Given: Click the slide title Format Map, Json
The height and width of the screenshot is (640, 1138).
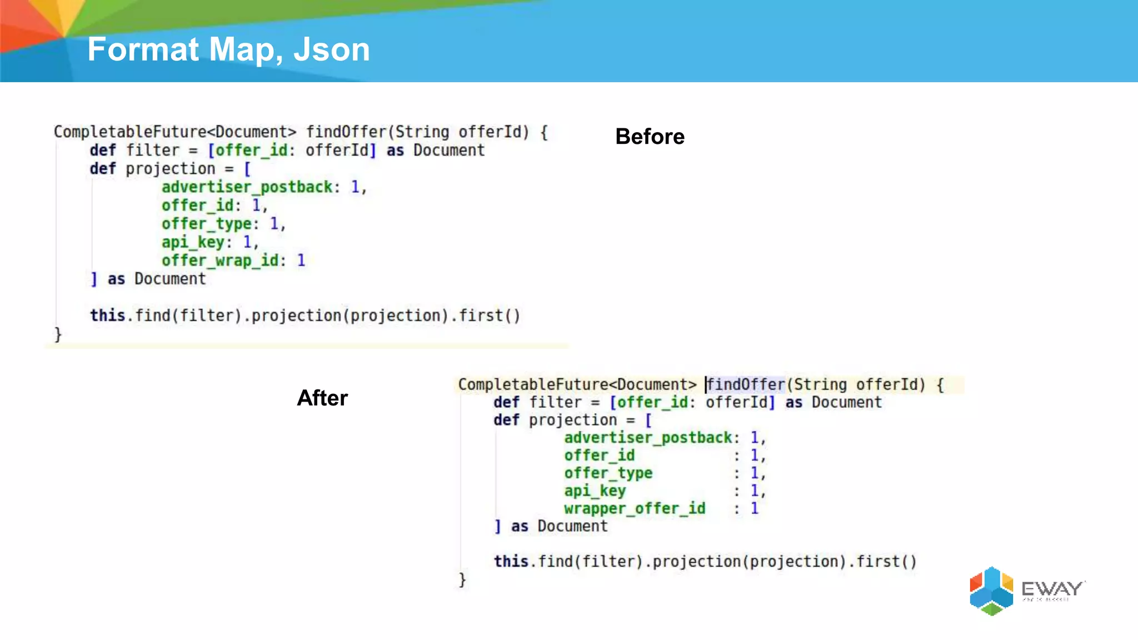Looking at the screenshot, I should point(228,49).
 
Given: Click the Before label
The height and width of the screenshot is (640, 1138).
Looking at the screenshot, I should point(650,137).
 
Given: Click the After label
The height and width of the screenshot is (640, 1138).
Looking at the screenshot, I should point(322,398).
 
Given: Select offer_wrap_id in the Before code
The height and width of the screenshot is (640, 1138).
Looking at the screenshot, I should point(219,261).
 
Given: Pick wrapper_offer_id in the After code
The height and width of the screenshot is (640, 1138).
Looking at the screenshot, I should point(634,508).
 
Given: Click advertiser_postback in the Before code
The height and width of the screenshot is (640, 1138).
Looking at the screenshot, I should point(247,187).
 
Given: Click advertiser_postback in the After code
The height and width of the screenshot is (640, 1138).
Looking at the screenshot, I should point(648,438).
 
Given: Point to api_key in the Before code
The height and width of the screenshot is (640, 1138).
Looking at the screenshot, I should point(193,242).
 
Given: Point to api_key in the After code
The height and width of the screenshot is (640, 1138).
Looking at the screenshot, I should point(595,491).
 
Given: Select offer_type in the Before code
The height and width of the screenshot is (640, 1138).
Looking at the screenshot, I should point(207,224).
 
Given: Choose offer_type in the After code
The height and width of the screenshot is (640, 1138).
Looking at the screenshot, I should point(608,473).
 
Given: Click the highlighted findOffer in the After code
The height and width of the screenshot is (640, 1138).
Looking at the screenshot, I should point(746,384).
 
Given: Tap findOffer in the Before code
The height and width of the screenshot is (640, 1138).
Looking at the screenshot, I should point(346,132).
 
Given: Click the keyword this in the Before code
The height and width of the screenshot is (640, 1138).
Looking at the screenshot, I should point(107,316).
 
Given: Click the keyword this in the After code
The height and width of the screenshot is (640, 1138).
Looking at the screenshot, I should point(511,562).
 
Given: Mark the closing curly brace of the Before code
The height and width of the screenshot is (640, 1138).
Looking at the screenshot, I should point(58,334).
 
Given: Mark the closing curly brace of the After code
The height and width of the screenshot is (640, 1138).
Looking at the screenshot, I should point(462,580).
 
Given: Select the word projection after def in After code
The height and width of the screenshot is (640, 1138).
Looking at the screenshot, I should point(572,420).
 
